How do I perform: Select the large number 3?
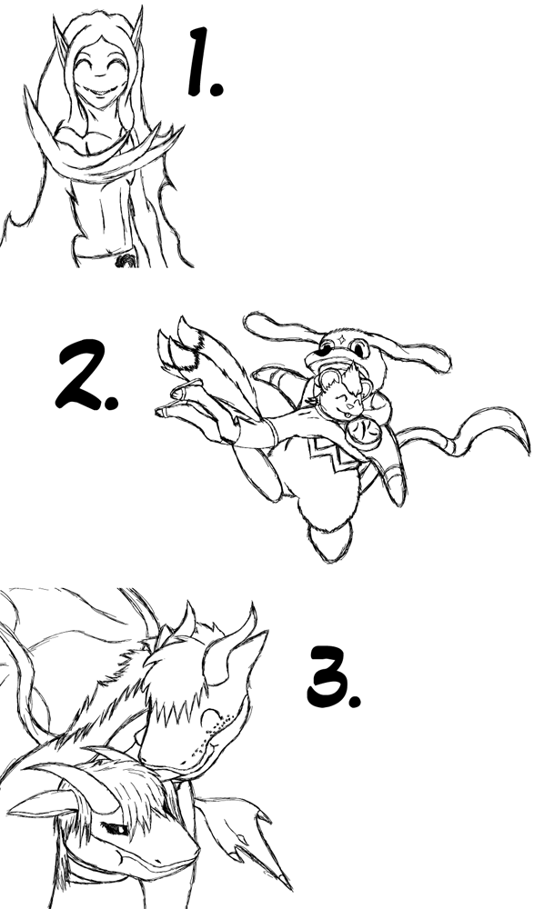click(x=327, y=676)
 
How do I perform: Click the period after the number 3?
click(x=355, y=701)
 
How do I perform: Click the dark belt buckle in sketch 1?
click(x=126, y=260)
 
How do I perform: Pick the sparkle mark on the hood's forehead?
click(x=342, y=337)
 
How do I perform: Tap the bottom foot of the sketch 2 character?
click(x=330, y=540)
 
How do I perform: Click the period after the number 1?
click(x=216, y=89)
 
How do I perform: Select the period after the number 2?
click(x=112, y=403)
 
